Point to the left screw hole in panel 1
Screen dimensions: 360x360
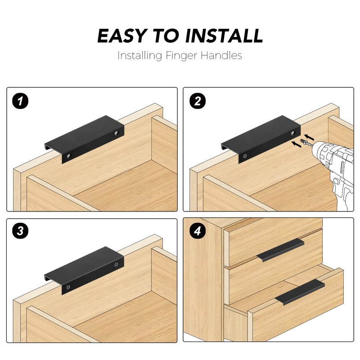(68, 156)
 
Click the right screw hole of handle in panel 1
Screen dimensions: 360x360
(117, 134)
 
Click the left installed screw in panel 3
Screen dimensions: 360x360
(68, 286)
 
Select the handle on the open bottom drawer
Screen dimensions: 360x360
(300, 292)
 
